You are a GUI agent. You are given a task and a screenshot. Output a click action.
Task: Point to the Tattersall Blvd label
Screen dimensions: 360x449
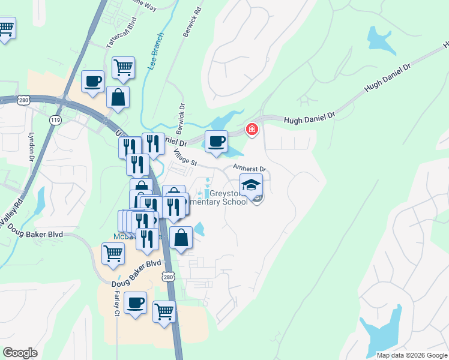122,35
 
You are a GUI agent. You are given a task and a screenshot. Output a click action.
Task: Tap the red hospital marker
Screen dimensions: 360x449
252,129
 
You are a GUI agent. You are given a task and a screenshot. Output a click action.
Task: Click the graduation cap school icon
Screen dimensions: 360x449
251,184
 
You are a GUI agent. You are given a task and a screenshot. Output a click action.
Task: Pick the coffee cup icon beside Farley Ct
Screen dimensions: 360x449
136,301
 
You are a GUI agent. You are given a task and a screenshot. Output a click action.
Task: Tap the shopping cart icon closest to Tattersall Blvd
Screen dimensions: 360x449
123,67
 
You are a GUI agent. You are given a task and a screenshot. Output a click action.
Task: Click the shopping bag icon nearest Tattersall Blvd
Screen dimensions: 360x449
118,97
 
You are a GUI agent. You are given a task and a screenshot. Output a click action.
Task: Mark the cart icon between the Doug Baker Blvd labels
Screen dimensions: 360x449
113,253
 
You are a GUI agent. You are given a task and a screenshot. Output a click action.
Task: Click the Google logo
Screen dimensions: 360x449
20,353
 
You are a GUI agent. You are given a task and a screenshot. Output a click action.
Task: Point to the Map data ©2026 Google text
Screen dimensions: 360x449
411,355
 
